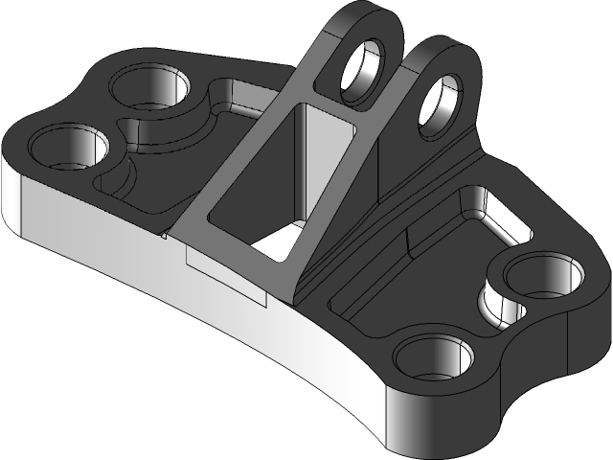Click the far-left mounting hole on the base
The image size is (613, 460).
click(x=69, y=149)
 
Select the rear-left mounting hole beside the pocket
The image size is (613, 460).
click(x=151, y=88)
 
